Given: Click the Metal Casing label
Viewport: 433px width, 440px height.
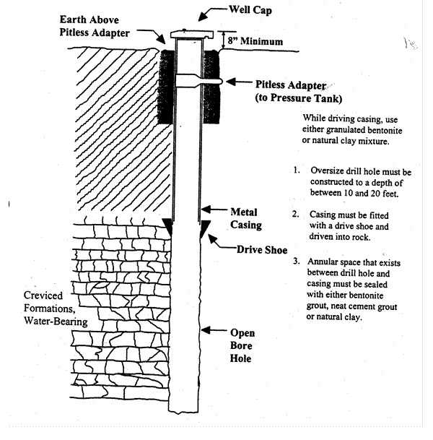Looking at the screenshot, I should (x=245, y=220).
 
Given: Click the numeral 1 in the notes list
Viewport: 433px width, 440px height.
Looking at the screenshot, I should (x=296, y=171).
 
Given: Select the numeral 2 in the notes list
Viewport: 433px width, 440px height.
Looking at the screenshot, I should (x=296, y=215).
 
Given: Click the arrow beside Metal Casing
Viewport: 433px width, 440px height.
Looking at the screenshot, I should (x=210, y=212).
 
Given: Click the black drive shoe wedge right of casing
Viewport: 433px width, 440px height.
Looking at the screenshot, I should (x=205, y=233).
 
